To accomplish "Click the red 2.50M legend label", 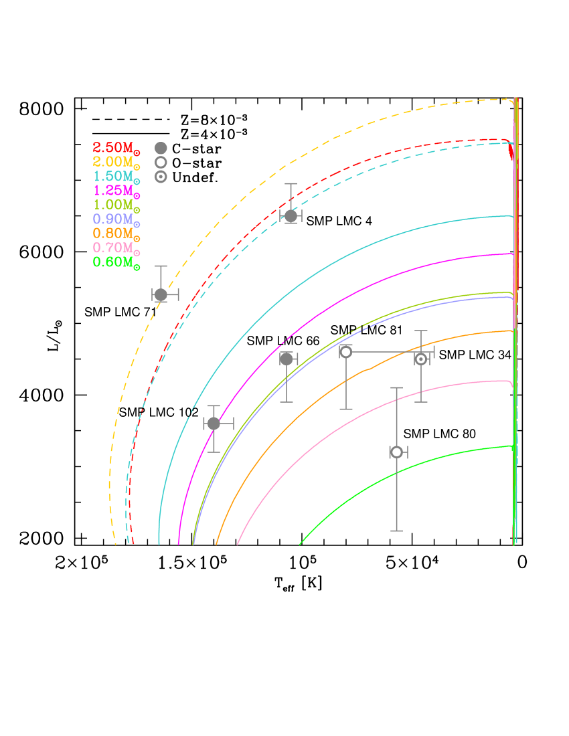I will [116, 148].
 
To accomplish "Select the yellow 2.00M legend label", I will [116, 162].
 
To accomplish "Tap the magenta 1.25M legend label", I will [116, 191].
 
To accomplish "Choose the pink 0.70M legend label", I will [116, 248].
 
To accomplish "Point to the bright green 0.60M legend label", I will [116, 262].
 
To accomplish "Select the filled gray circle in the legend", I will [161, 148].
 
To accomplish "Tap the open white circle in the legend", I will [161, 162].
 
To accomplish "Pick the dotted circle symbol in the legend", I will [161, 177].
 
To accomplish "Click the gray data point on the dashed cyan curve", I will [291, 215].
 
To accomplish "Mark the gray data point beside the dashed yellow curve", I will [161, 294].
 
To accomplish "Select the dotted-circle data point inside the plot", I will [421, 359].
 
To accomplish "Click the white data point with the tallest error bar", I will [396, 452].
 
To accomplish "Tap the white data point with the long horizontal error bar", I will [345, 352].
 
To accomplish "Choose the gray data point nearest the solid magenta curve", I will [214, 424].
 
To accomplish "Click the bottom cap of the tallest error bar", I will [396, 531].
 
